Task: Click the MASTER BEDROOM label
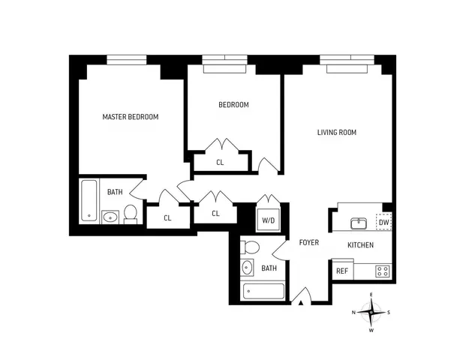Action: click(x=131, y=117)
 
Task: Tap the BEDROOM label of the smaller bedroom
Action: click(x=233, y=105)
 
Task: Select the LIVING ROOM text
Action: click(x=336, y=133)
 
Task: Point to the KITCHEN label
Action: click(x=360, y=245)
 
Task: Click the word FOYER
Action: click(x=309, y=242)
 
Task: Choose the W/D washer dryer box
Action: click(x=267, y=220)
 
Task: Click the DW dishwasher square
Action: click(x=383, y=222)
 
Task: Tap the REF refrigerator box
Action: click(x=342, y=271)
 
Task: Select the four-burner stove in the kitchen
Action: click(x=383, y=271)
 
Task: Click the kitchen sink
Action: click(x=359, y=223)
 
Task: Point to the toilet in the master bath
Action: click(x=131, y=214)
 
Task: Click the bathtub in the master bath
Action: click(x=89, y=201)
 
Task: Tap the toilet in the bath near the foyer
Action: click(x=251, y=247)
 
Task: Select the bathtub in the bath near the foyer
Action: click(x=263, y=291)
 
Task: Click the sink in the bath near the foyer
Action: click(x=248, y=268)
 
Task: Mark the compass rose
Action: click(x=371, y=311)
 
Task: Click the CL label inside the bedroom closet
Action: click(x=220, y=162)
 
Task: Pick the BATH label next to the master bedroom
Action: click(x=115, y=192)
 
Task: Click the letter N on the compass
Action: click(x=354, y=312)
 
